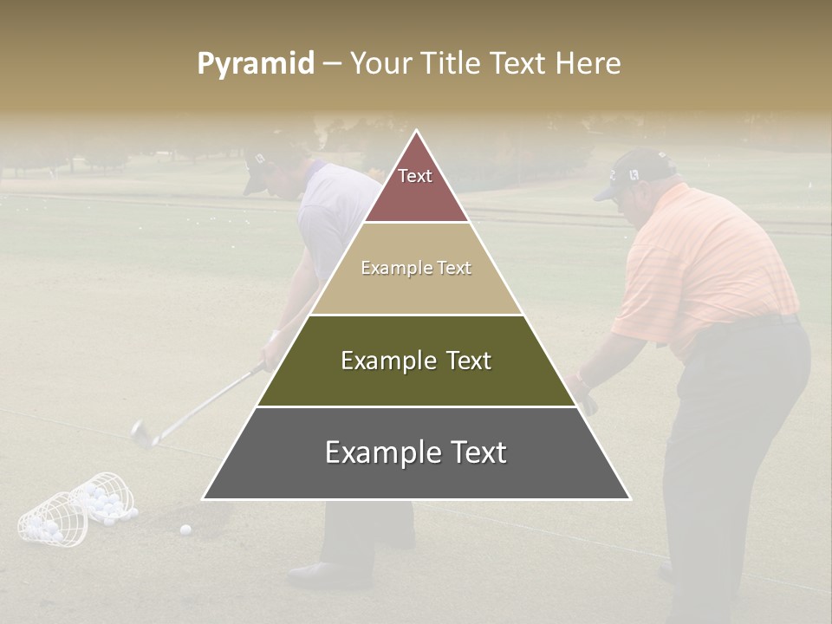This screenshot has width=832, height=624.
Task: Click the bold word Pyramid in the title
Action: (255, 64)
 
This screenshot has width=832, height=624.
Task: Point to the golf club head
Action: (140, 432)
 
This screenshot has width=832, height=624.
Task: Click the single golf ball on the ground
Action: (185, 529)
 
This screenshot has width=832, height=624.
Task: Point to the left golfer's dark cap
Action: (260, 165)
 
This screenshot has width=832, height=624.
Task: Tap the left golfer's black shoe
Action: (317, 572)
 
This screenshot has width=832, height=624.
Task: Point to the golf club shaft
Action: (204, 403)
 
